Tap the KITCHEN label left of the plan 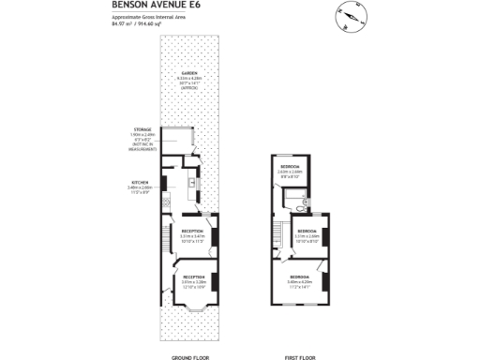[139, 184]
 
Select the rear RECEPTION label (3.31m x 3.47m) [193, 231]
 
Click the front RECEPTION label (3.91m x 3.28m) [194, 277]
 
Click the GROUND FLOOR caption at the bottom [188, 357]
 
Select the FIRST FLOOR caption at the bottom [299, 357]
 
